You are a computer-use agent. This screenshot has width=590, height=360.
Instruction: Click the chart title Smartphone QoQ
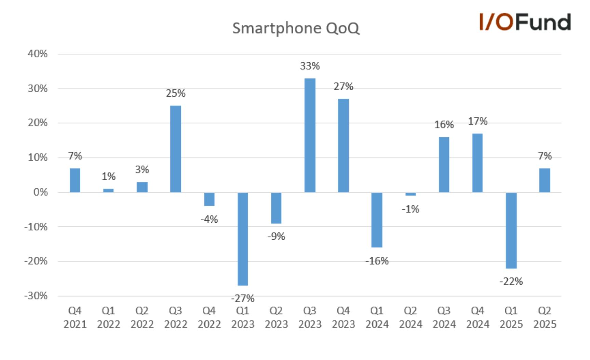point(296,28)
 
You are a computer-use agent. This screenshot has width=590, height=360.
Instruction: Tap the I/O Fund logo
point(525,22)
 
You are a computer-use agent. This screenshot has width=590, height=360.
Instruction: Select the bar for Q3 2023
point(310,135)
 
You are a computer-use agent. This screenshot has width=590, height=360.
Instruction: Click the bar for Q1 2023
point(243,239)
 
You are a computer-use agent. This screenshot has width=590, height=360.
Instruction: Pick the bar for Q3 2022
point(176,149)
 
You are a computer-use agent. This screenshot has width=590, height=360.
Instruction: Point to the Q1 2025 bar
point(511,230)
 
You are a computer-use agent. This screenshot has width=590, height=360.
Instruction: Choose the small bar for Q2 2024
point(411,194)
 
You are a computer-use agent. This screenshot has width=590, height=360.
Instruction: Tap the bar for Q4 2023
point(343,146)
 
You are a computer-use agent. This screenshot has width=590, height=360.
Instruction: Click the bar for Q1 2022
point(108,191)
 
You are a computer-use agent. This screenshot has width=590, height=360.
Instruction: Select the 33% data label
point(310,66)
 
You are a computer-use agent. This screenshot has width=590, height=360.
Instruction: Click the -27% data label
point(243,299)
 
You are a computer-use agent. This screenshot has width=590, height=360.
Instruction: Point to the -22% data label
point(511,281)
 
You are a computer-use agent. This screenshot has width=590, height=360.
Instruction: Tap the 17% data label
point(478,121)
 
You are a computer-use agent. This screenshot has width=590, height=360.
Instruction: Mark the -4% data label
point(209,219)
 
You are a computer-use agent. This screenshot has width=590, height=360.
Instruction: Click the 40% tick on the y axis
point(38,54)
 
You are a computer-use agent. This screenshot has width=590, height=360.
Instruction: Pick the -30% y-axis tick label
point(36,296)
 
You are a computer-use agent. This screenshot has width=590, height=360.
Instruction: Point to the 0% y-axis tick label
point(40,192)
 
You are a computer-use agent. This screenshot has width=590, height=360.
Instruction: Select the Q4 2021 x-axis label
point(75,317)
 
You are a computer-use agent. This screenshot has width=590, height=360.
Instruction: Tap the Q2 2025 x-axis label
point(545,317)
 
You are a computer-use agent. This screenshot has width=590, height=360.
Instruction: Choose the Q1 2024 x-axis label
point(377,317)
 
